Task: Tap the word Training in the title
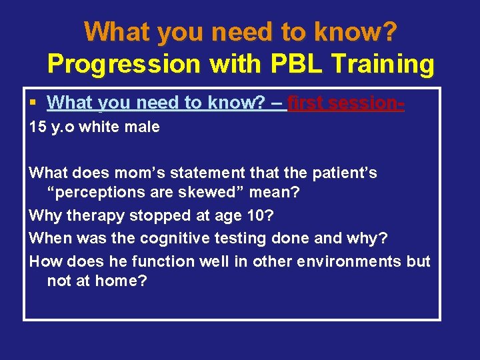pos(383,65)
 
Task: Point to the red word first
pos(307,103)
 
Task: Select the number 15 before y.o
pos(37,127)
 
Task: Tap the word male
pos(143,127)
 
